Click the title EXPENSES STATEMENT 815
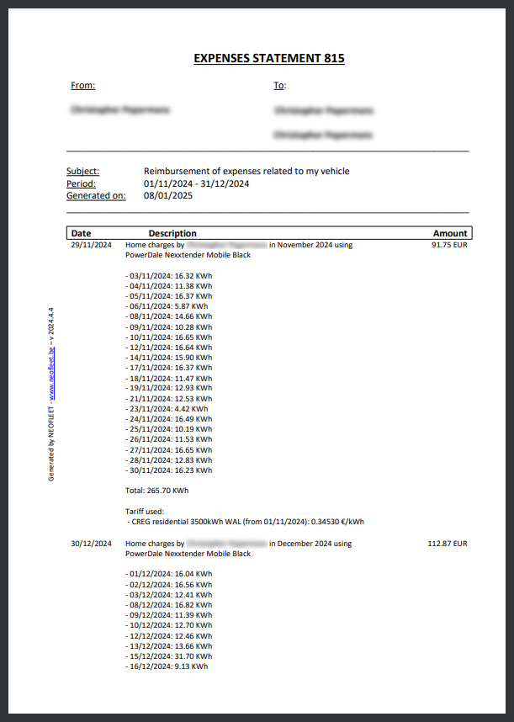tap(268, 58)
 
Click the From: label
tap(83, 85)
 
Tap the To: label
tap(279, 85)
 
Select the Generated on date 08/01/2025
tap(168, 195)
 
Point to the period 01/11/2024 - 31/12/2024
tap(197, 183)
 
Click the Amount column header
tap(449, 233)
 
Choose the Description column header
tap(172, 233)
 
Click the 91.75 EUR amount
tap(448, 245)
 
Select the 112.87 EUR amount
tap(447, 544)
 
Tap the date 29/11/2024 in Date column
tap(91, 245)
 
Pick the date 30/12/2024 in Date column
tap(91, 544)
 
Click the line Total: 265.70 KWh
tap(156, 490)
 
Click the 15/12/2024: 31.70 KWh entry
tap(168, 656)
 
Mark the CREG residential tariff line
tap(245, 522)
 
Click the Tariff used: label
tap(145, 511)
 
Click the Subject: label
tap(82, 172)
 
